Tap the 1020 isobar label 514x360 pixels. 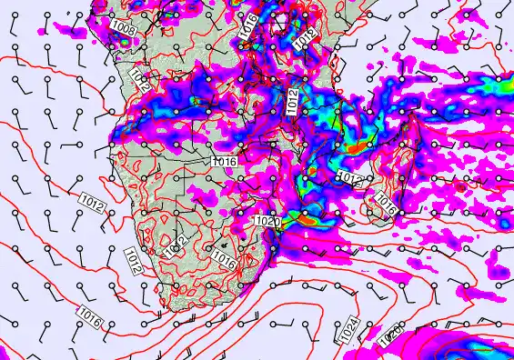coord(266,222)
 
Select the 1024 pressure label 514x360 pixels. coord(349,334)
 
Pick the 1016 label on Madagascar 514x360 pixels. coord(386,203)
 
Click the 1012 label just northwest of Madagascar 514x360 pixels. coord(349,176)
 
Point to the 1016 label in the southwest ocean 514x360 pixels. coord(88,318)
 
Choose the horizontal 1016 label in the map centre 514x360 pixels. coord(224,162)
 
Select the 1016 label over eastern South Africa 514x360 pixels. coord(225,258)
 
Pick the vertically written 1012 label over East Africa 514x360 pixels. coord(292,102)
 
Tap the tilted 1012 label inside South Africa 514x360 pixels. coord(176,244)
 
